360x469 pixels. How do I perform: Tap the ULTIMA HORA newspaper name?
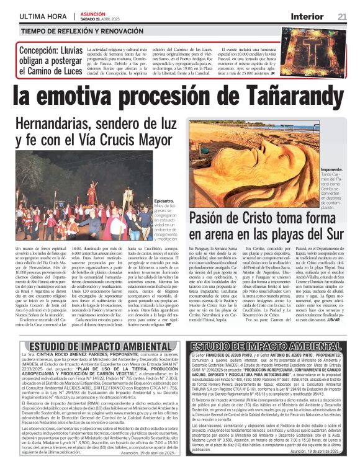[x=43, y=16]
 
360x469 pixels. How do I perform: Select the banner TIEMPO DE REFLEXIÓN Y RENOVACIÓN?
[x=79, y=30]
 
